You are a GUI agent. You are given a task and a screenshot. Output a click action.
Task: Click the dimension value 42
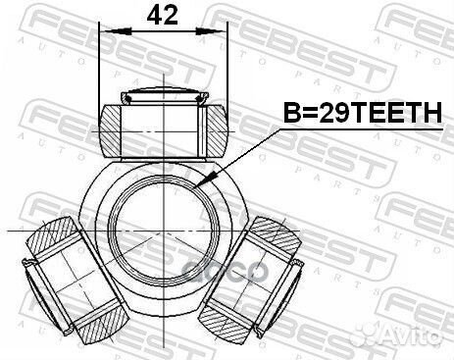pos(163,17)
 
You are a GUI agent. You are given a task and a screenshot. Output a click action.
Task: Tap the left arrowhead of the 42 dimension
pos(105,32)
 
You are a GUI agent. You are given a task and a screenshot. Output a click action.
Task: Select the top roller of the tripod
pos(163,123)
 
